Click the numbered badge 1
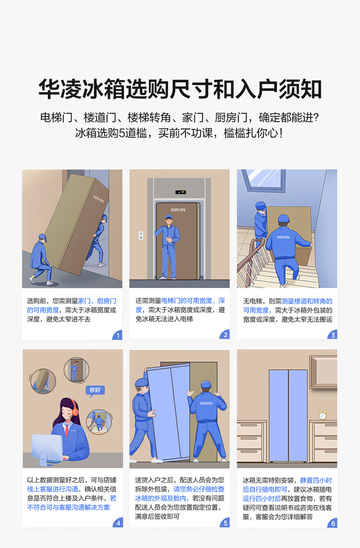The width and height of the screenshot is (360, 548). (118, 335)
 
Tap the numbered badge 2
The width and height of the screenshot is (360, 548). (225, 334)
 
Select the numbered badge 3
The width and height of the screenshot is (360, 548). (333, 335)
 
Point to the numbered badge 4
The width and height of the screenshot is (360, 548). (118, 523)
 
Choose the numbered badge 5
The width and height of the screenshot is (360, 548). (225, 523)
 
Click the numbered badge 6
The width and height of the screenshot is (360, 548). (333, 523)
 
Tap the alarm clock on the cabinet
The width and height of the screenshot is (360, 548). (323, 415)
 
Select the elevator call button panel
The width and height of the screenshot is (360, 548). (141, 235)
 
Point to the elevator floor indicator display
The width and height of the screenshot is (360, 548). (180, 192)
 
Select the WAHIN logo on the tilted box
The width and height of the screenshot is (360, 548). (98, 198)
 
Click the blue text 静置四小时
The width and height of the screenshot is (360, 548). (316, 480)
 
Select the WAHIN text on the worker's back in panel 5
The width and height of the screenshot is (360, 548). (206, 403)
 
